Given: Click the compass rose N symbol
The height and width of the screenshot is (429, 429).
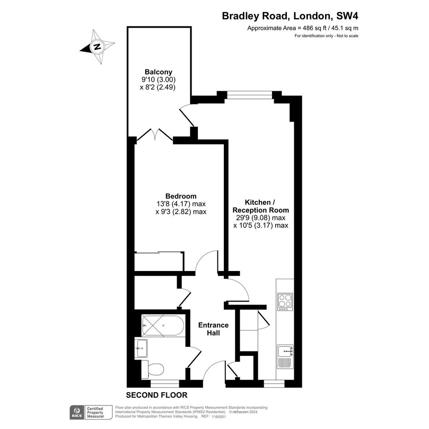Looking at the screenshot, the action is click(98, 46).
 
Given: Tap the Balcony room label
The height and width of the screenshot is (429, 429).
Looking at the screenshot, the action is click(158, 72).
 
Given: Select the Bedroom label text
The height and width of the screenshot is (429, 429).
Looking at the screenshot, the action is click(181, 196).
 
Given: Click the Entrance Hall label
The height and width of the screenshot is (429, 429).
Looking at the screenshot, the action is click(213, 329).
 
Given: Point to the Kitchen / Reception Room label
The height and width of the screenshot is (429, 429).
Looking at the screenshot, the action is click(261, 206).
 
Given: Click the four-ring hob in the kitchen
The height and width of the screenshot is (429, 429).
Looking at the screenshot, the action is click(285, 302).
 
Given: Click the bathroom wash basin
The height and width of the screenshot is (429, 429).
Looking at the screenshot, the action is click(141, 348).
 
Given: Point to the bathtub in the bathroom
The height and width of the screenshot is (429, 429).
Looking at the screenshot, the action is click(163, 325).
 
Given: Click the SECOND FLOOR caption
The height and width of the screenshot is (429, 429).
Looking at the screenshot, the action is click(157, 395).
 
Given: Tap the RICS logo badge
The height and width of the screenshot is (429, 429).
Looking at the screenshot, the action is click(77, 412).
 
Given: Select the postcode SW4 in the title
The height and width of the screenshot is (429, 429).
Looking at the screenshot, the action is click(347, 16).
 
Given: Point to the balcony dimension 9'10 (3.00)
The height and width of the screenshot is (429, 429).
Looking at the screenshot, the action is click(158, 79).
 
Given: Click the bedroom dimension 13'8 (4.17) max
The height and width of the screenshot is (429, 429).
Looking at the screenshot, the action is click(181, 204).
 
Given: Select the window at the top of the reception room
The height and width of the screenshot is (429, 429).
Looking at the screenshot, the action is click(250, 95).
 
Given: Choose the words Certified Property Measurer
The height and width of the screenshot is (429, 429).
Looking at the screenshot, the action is click(95, 412).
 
